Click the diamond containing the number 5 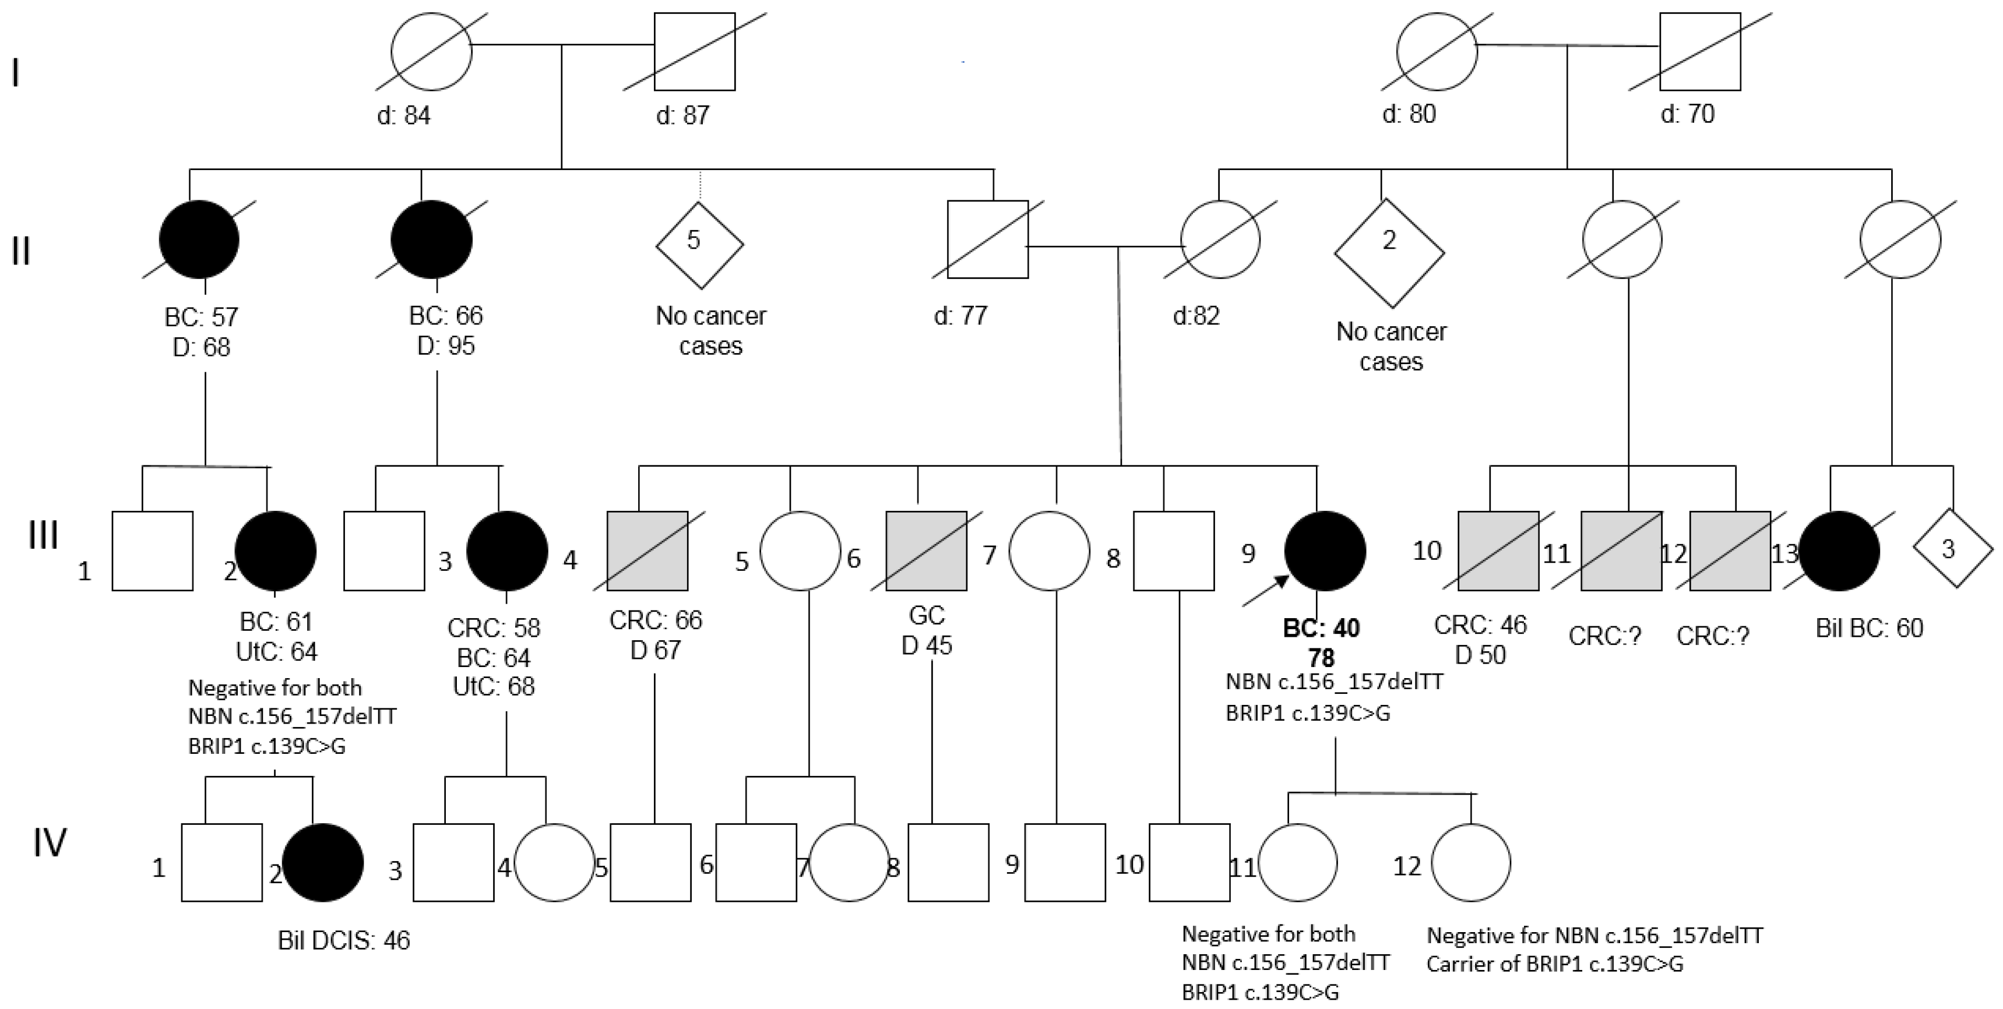(699, 244)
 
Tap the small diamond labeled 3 (1952, 549)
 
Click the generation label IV (49, 842)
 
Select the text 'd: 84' (403, 116)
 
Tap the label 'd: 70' (1687, 114)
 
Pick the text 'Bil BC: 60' (1868, 628)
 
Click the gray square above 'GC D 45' (926, 551)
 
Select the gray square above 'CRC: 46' (1498, 551)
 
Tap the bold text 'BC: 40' (1321, 628)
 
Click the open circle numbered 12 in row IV (1470, 863)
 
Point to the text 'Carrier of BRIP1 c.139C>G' (1554, 965)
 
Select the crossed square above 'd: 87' (694, 51)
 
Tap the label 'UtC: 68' (494, 687)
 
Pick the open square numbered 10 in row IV (1189, 863)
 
